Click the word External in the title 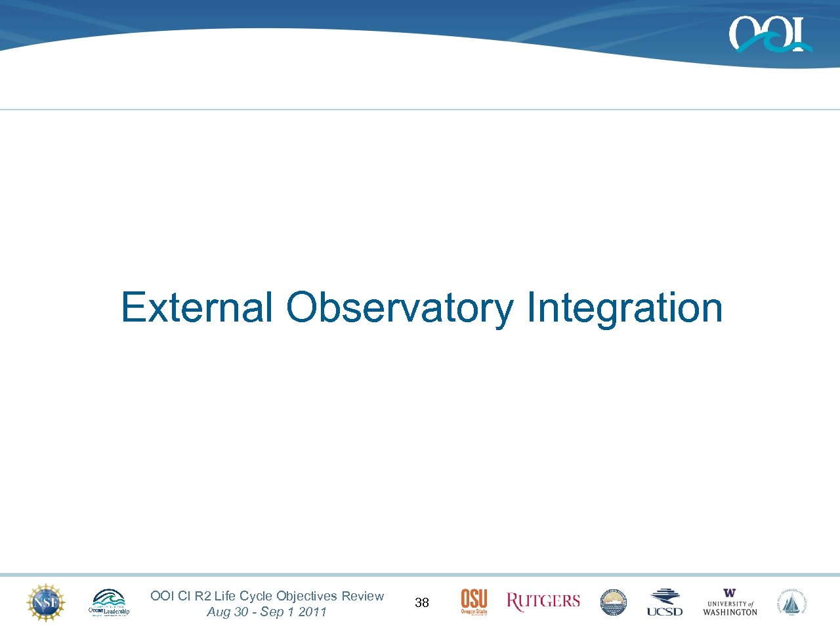(196, 307)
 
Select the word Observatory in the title (400, 307)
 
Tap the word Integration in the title (624, 307)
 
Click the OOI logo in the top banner (770, 34)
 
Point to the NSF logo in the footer (45, 602)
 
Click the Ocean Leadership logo (109, 602)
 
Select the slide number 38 (422, 602)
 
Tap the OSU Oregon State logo (474, 602)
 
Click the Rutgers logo (543, 601)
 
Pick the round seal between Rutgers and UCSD (614, 602)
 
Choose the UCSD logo (665, 602)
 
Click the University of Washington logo (730, 602)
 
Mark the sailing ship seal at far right (792, 602)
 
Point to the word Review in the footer (362, 596)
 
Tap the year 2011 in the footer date (312, 612)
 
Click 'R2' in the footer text (203, 596)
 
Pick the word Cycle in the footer (256, 596)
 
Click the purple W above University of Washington (730, 593)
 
